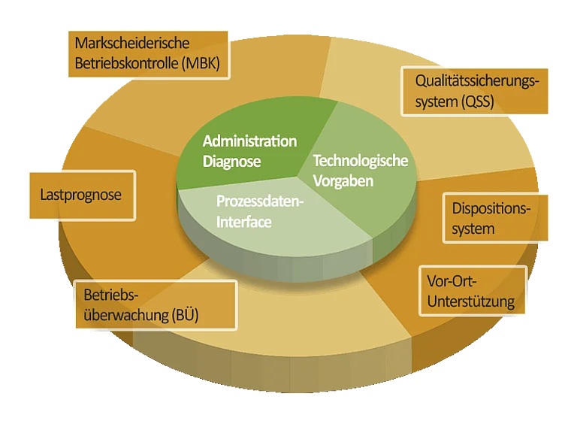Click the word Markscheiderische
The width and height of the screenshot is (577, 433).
(132, 43)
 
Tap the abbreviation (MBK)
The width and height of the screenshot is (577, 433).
(201, 63)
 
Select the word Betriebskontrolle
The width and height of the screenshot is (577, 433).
(126, 63)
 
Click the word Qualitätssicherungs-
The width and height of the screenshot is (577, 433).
(477, 81)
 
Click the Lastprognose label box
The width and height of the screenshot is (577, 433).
(83, 195)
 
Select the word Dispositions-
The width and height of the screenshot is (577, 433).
(491, 209)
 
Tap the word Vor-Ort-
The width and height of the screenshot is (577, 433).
(452, 282)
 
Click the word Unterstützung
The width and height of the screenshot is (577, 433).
(471, 301)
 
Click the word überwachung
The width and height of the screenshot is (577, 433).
(126, 316)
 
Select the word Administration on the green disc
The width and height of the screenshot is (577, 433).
(249, 141)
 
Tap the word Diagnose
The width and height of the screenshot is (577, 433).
(232, 162)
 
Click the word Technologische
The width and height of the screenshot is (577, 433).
(361, 161)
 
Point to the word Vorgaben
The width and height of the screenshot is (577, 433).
(343, 181)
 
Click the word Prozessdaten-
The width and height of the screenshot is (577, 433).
(260, 201)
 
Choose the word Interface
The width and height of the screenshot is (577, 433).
(244, 222)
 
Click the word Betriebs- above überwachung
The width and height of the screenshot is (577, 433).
(111, 295)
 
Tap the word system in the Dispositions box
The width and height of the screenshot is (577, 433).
(473, 229)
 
